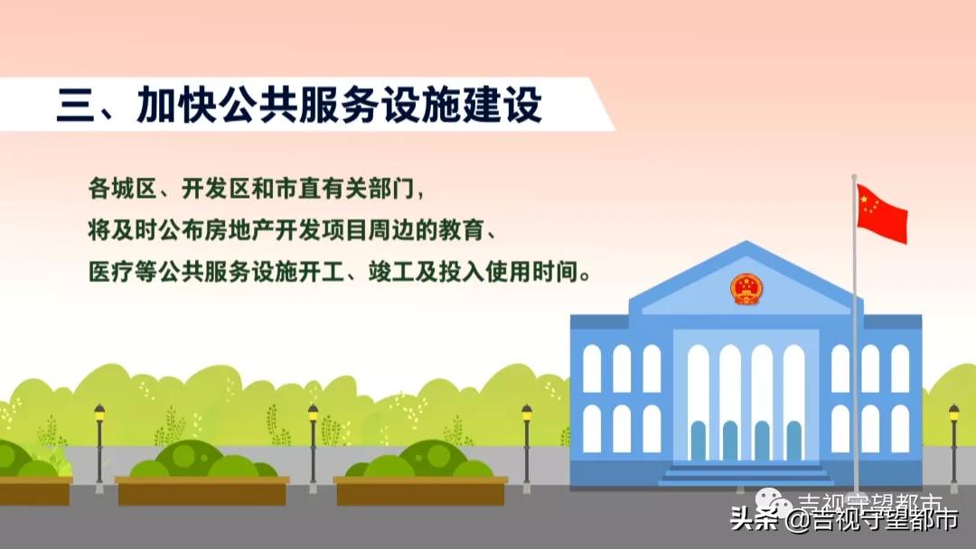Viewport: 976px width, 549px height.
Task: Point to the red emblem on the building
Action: coord(746,289)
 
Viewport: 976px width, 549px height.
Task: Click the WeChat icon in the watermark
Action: coord(774,506)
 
